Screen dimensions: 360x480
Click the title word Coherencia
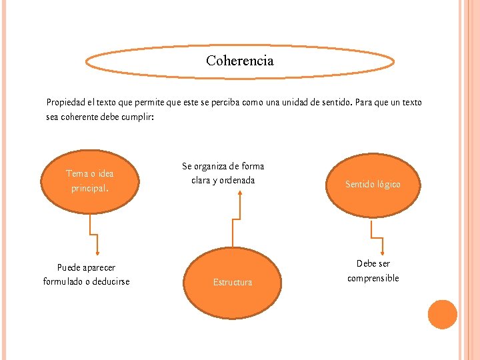pos(239,61)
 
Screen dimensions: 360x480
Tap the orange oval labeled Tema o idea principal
pos(89,181)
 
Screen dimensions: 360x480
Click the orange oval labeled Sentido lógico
pos(373,184)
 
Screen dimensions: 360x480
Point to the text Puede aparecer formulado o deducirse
pos(86,275)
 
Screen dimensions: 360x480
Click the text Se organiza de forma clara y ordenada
pos(223,173)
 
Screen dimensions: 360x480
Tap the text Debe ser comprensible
pos(373,271)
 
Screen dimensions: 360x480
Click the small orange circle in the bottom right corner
pos(442,314)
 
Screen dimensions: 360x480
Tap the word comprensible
pos(373,278)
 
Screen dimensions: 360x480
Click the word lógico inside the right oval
pos(387,184)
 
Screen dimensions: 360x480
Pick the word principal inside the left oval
pos(89,189)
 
